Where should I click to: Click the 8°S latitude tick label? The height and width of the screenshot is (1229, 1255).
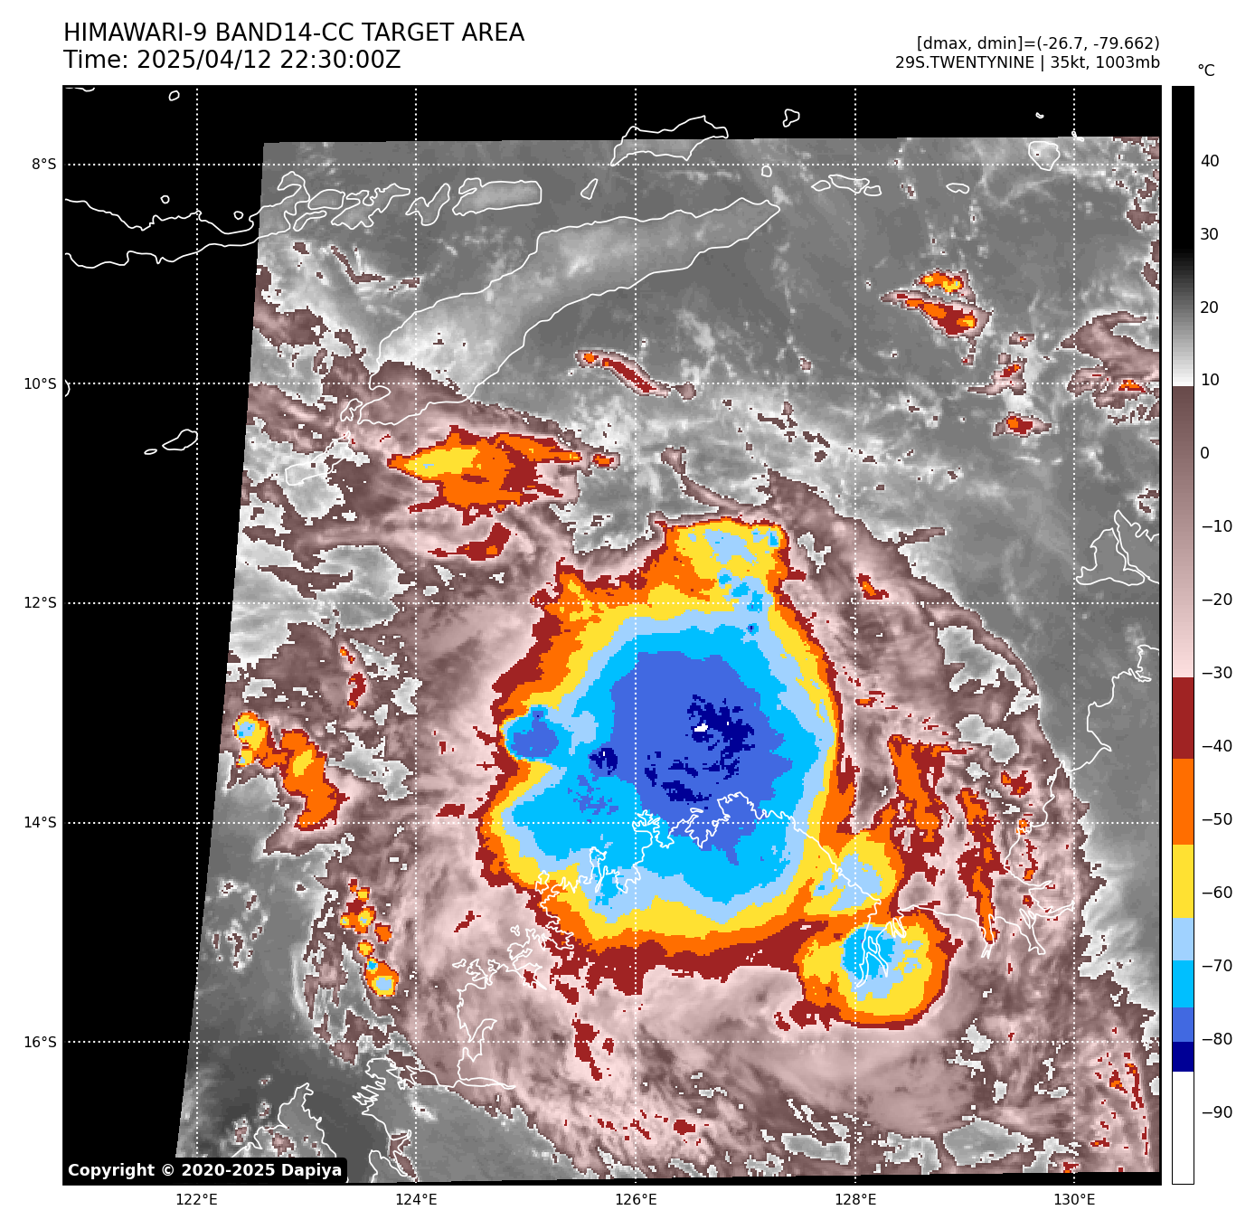pos(43,164)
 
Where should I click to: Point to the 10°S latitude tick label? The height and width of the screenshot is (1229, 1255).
pos(40,383)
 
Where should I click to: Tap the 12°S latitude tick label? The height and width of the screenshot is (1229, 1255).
pos(40,603)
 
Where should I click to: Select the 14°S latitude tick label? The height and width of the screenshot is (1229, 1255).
pos(40,822)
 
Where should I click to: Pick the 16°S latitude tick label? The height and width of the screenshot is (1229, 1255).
pos(40,1042)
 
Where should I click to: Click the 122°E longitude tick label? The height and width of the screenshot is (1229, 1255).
pos(196,1200)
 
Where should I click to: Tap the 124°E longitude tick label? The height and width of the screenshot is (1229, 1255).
pos(416,1200)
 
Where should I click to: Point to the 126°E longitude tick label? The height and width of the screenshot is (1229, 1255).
pos(636,1200)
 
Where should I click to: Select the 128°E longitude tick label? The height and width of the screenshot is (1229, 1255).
pos(855,1200)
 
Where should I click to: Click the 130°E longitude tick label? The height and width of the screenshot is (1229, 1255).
pos(1074,1200)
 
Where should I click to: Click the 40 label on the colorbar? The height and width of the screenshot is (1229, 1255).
pos(1210,161)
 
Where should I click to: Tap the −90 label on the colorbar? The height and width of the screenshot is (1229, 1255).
pos(1216,1112)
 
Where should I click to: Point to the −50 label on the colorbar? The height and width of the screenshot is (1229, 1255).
pos(1216,819)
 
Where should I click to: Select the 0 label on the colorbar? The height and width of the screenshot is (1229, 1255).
pos(1204,453)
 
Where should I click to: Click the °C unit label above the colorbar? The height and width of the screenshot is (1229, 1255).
pos(1206,71)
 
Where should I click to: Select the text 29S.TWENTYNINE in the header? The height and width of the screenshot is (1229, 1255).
pos(965,62)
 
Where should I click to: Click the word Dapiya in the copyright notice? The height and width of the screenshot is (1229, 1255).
pos(311,1170)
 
